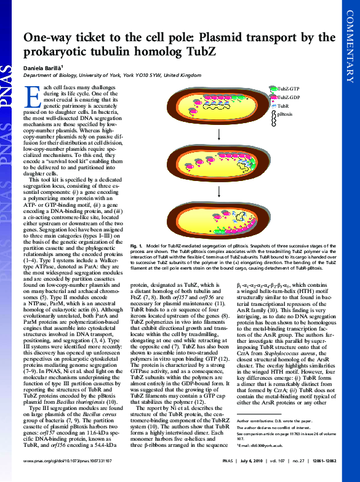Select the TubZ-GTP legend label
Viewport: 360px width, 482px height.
coord(288,89)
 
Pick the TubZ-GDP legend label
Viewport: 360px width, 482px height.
coord(288,97)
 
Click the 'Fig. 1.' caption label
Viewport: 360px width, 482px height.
coord(137,263)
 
